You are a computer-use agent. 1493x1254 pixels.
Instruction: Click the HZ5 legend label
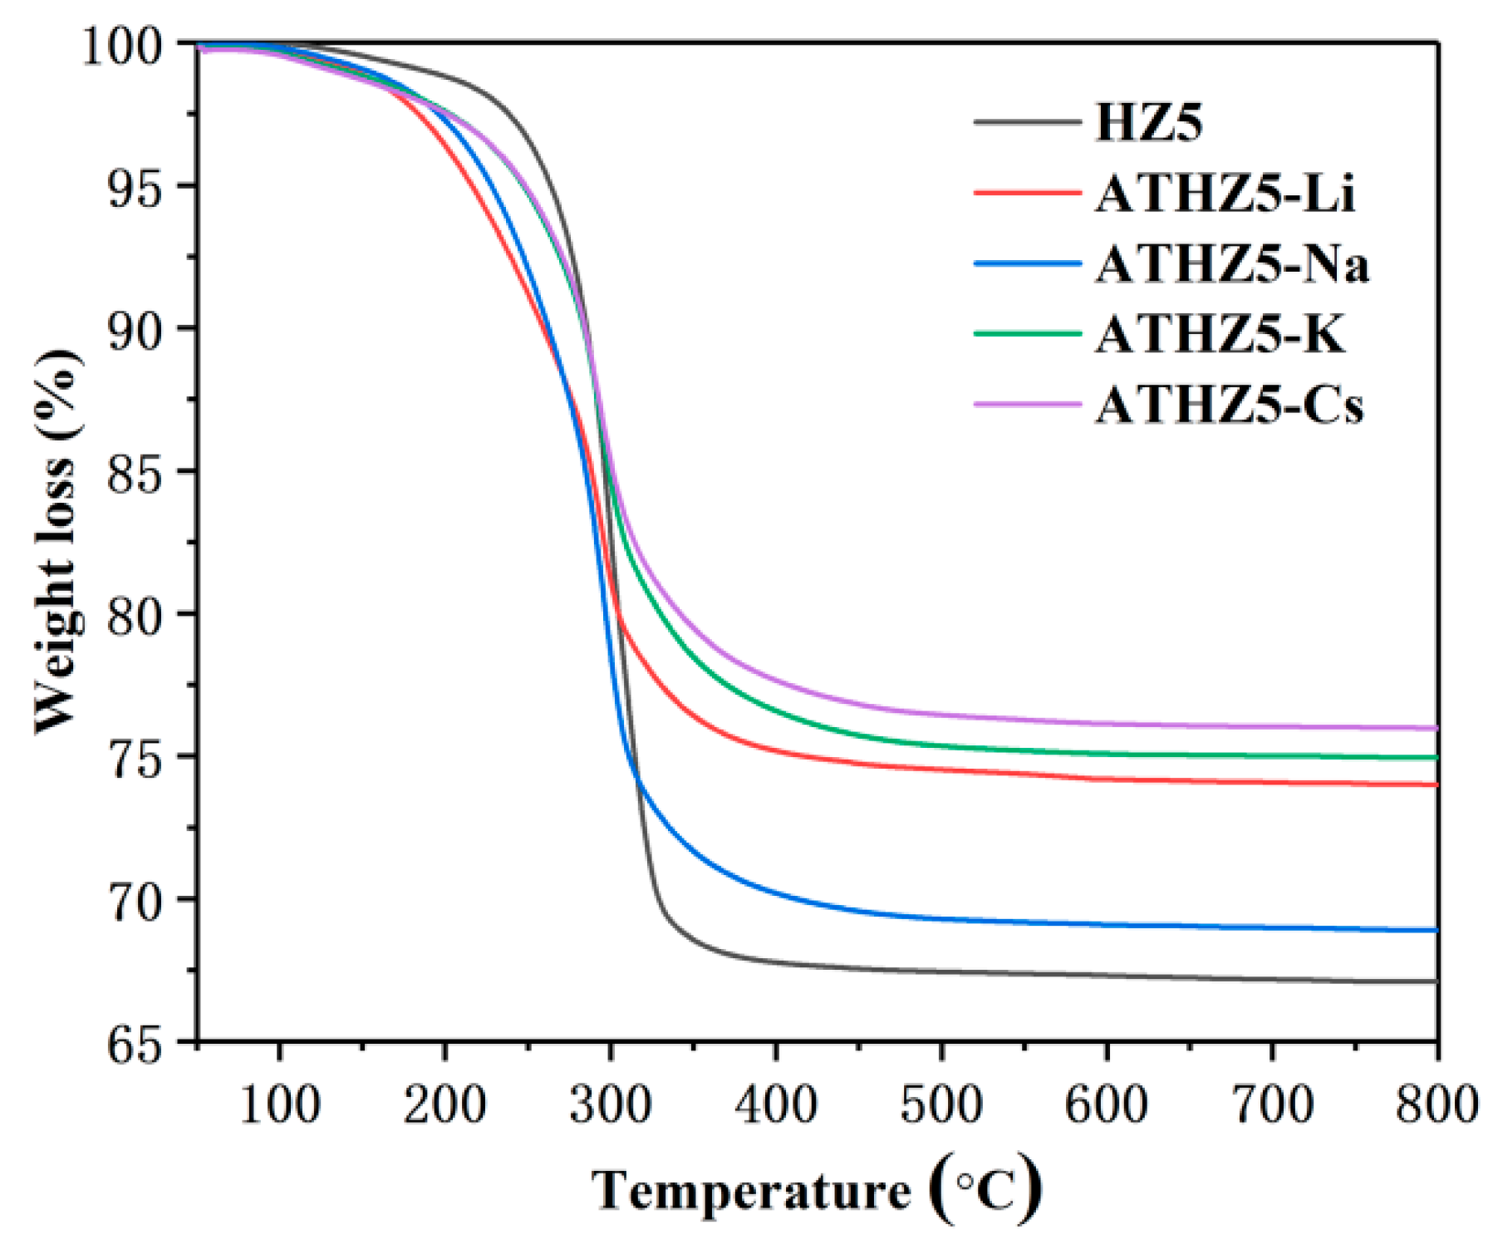click(x=1149, y=123)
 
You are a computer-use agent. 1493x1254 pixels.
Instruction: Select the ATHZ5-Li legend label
click(x=1225, y=194)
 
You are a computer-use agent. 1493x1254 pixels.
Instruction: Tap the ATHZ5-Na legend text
click(x=1231, y=264)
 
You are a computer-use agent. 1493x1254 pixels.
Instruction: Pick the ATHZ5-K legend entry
click(x=1219, y=335)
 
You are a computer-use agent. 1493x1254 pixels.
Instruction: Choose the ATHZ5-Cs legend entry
click(x=1229, y=406)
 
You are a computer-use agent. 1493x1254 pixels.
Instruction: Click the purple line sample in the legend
click(x=1027, y=405)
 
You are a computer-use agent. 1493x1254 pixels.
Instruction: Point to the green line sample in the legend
click(x=1027, y=334)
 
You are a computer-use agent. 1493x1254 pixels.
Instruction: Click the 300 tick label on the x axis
click(x=610, y=1105)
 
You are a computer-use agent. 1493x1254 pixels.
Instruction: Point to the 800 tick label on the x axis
click(x=1436, y=1105)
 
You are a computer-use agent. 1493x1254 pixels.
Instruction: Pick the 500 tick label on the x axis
click(x=941, y=1105)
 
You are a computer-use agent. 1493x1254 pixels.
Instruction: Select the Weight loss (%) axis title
click(x=58, y=540)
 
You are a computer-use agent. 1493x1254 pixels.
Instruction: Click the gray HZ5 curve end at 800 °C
click(x=1436, y=981)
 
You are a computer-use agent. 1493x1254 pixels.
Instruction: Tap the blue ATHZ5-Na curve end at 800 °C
click(x=1436, y=930)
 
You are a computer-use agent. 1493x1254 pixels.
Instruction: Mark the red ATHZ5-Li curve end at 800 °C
click(x=1436, y=784)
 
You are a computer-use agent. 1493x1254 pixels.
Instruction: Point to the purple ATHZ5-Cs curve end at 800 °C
click(x=1436, y=728)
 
